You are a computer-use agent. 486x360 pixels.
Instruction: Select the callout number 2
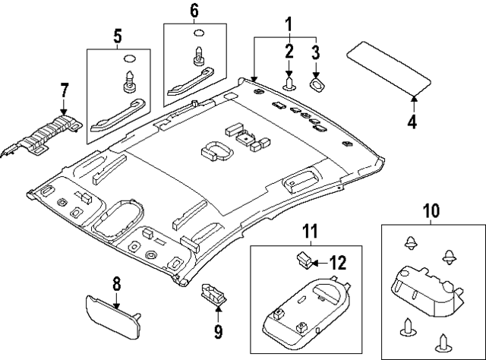[x=289, y=51]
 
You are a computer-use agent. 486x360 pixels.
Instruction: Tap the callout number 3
[x=316, y=51]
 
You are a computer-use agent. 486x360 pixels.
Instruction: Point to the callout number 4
[x=412, y=120]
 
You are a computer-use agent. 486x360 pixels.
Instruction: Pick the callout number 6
[x=194, y=11]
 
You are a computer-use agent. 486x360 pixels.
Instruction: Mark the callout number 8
[x=116, y=285]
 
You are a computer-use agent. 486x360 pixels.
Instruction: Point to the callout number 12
[x=337, y=264]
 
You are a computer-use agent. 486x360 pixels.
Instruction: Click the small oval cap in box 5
[x=128, y=58]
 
